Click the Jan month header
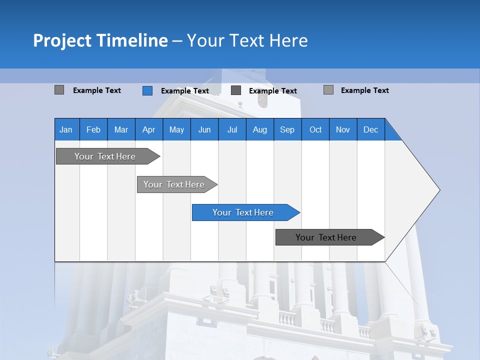(66, 129)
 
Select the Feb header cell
(93, 129)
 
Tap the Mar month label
(121, 129)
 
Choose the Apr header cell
(149, 129)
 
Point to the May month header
(176, 129)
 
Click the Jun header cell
(204, 129)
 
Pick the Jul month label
(232, 129)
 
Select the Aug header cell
(260, 129)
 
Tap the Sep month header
(287, 129)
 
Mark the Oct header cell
(315, 129)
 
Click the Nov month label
(343, 129)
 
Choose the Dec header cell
(371, 129)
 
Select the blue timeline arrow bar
(245, 212)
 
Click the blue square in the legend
(147, 90)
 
